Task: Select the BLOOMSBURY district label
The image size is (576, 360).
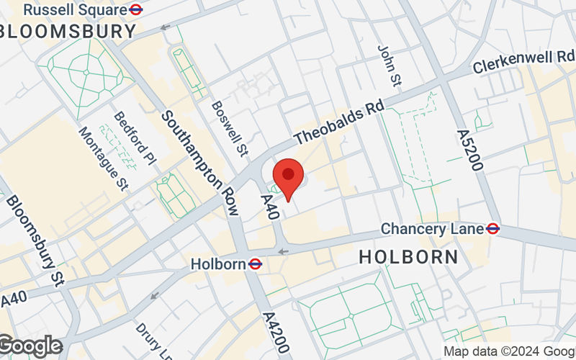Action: (x=68, y=32)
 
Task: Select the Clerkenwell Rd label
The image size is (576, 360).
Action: (x=524, y=62)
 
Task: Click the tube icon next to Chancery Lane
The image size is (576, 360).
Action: (x=493, y=229)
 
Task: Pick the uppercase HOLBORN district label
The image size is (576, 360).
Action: (x=408, y=256)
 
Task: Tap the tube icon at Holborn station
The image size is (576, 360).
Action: (x=255, y=264)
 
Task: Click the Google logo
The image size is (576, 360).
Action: (x=30, y=346)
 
